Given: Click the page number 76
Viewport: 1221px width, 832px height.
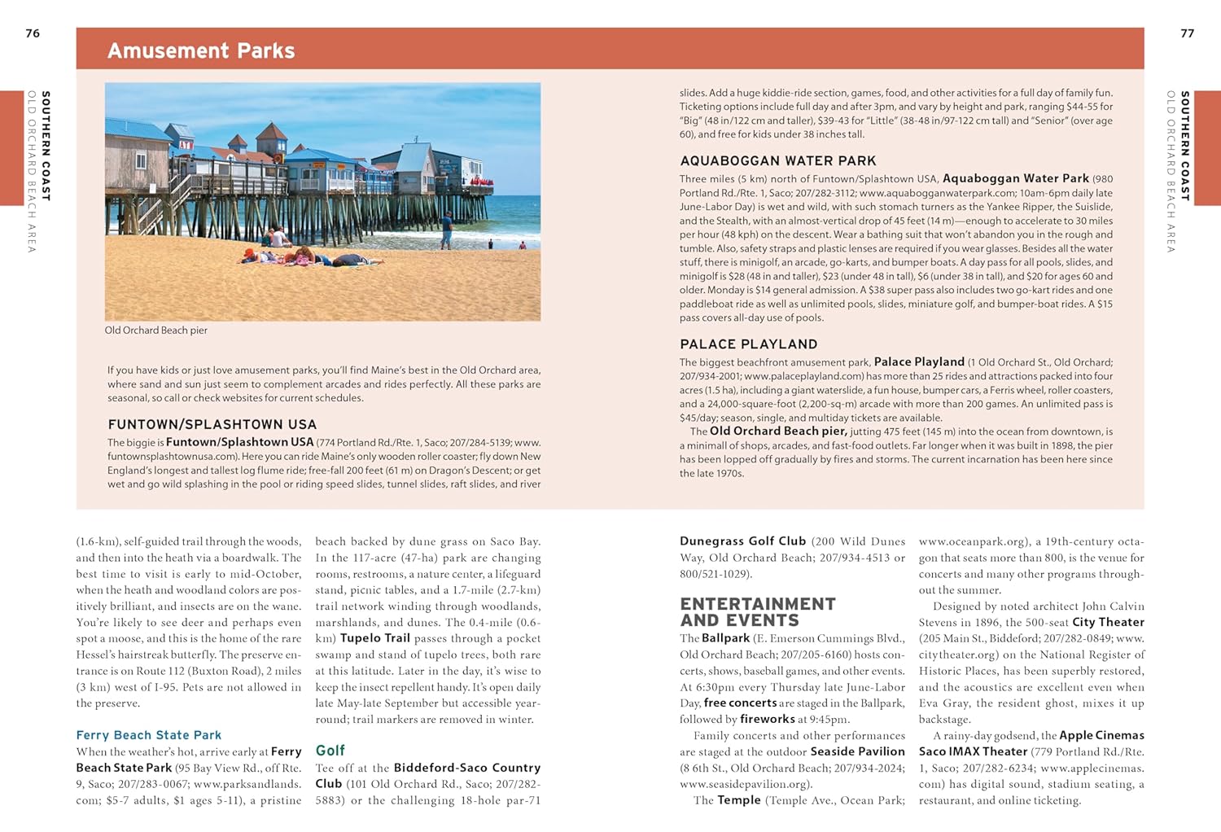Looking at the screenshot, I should [33, 33].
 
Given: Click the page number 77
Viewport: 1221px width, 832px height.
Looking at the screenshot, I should [1187, 33].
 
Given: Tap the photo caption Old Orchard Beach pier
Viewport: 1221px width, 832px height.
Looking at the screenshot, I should [155, 331].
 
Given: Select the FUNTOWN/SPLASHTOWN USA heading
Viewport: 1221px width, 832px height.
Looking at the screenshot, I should [212, 424].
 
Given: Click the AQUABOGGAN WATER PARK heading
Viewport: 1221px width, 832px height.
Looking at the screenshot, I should [777, 161].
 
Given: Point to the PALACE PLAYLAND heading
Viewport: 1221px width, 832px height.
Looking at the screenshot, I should [748, 344].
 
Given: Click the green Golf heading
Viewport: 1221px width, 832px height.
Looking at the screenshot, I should [330, 751].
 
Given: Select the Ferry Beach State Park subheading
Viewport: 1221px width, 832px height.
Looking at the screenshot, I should [148, 735].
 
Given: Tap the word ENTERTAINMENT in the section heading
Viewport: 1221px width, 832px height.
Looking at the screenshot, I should [757, 604].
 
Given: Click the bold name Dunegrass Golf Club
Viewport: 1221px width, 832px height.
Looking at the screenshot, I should [742, 541].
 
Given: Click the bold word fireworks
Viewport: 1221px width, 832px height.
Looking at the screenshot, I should [767, 719].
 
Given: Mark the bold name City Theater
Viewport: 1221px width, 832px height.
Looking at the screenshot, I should [1108, 622].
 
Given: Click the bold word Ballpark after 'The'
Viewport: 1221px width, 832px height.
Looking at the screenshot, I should [725, 638].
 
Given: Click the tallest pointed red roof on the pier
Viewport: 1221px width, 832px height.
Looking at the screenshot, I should [271, 131].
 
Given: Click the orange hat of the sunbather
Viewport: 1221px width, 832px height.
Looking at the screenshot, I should [249, 253].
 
